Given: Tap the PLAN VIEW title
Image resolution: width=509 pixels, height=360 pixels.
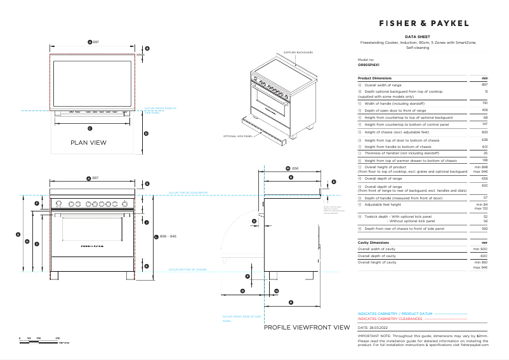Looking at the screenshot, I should tap(88, 143).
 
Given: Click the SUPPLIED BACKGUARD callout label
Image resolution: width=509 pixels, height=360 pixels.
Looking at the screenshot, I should tap(298, 52).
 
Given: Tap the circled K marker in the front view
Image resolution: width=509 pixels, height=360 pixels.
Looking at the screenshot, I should tap(147, 267).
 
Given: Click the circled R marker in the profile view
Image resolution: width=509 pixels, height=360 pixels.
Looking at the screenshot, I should tap(291, 302).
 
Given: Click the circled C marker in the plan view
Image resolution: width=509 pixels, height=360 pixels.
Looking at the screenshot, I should tap(89, 128).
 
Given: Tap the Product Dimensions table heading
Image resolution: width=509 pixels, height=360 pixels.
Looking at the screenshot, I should tap(374, 77).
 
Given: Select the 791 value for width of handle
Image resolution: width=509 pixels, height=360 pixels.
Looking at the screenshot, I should tap(484, 103).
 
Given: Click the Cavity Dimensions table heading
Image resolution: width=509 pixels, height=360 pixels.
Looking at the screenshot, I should tap(374, 243).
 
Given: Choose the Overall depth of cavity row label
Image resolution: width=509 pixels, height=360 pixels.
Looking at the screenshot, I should tap(378, 255).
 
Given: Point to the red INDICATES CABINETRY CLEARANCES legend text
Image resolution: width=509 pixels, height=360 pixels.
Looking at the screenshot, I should tap(386, 319).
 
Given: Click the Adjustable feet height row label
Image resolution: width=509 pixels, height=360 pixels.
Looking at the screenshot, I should tap(383, 205).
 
